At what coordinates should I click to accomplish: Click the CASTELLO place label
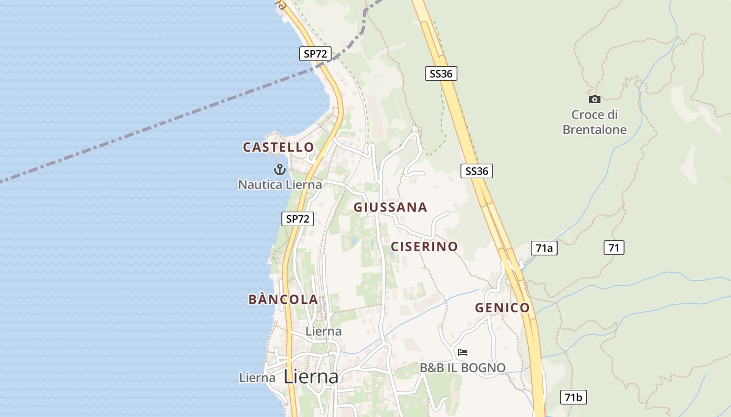278,148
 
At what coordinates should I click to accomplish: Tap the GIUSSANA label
390,207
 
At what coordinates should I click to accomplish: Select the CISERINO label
424,247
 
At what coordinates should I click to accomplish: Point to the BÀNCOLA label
283,300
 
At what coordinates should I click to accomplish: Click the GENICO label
502,308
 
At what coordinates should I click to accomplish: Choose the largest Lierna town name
311,376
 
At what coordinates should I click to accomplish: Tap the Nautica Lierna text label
280,185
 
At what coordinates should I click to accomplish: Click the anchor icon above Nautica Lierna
280,169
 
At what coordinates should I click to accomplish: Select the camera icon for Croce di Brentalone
594,99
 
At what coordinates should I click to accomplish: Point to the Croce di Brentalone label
594,122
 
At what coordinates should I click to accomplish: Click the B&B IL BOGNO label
463,368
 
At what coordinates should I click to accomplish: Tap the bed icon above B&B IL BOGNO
462,352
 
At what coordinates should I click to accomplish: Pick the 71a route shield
544,248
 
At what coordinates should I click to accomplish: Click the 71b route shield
573,397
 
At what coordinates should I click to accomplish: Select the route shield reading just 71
614,248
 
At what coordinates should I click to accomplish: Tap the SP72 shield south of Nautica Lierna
298,219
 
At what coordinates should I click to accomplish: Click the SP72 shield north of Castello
315,54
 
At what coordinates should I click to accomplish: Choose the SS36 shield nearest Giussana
477,171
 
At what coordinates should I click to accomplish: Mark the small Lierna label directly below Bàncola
323,331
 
